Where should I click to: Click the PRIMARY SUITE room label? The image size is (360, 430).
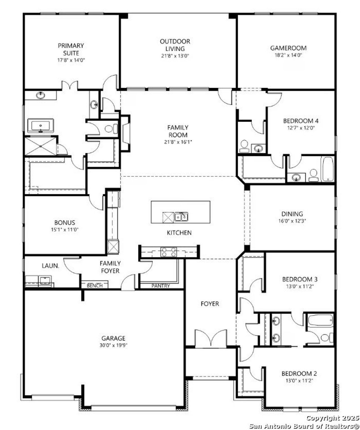tap(71, 49)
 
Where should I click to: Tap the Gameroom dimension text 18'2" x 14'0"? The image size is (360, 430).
tap(288, 55)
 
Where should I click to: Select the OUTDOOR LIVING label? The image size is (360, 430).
tap(175, 45)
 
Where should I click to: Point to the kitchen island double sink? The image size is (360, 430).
tap(181, 217)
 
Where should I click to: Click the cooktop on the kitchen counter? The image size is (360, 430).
tap(168, 252)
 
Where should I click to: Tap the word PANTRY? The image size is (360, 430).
tap(161, 286)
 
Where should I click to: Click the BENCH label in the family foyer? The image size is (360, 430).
tap(94, 286)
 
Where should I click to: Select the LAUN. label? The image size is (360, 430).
tap(50, 266)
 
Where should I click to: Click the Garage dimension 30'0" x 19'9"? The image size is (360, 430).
tap(113, 345)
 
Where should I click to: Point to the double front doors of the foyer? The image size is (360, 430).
tap(211, 339)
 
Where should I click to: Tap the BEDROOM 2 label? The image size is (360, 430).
tap(299, 374)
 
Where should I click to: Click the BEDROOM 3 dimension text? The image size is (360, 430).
tap(300, 286)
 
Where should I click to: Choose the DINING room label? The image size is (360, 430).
tap(292, 214)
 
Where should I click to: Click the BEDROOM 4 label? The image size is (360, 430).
tap(301, 121)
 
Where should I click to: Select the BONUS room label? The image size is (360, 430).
tap(65, 223)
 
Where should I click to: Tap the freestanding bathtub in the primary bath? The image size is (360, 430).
tap(40, 126)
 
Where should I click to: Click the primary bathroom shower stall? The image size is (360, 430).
tap(40, 146)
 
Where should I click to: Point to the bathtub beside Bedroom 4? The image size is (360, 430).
tap(328, 169)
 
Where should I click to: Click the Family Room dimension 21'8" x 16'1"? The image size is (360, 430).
tap(178, 142)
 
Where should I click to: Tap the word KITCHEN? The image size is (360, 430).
tap(179, 233)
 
